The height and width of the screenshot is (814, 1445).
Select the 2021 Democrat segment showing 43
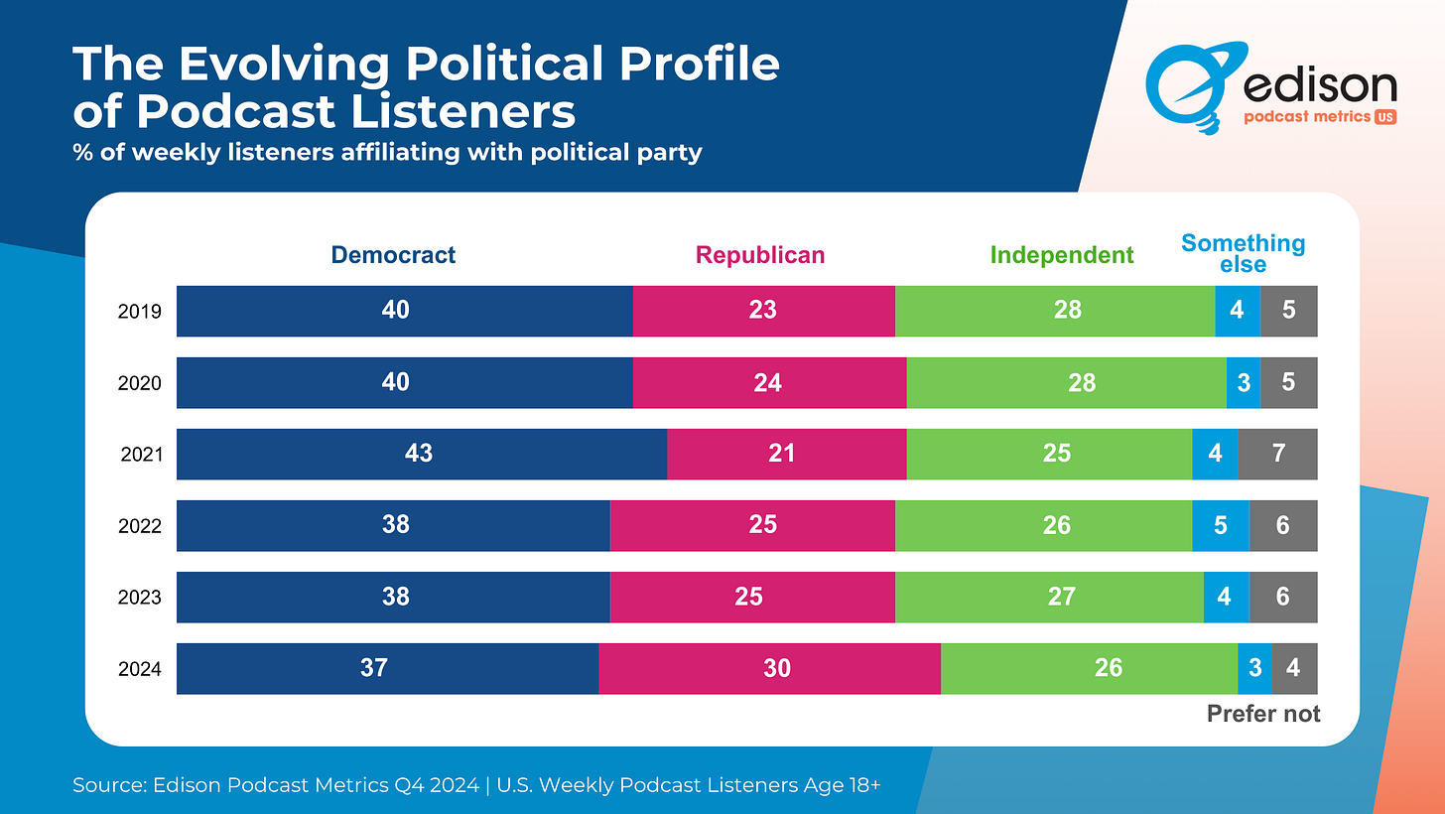pyautogui.click(x=421, y=454)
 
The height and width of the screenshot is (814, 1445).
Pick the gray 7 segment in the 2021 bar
pyautogui.click(x=1277, y=454)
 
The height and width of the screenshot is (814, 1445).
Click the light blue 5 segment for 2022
pyautogui.click(x=1220, y=525)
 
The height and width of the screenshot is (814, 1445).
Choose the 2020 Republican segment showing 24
pyautogui.click(x=769, y=382)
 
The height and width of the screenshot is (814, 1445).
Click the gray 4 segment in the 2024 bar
pyautogui.click(x=1294, y=668)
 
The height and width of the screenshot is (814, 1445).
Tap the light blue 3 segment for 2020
pyautogui.click(x=1244, y=382)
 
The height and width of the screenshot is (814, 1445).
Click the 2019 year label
pyautogui.click(x=140, y=312)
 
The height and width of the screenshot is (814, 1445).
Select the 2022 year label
pyautogui.click(x=140, y=526)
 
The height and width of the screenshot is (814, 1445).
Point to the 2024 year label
pyautogui.click(x=140, y=669)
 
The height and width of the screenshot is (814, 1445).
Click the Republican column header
pyautogui.click(x=760, y=255)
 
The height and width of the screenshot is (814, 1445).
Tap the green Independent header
pyautogui.click(x=1062, y=255)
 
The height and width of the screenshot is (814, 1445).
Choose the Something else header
pyautogui.click(x=1243, y=253)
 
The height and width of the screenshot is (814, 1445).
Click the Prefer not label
pyautogui.click(x=1263, y=713)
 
